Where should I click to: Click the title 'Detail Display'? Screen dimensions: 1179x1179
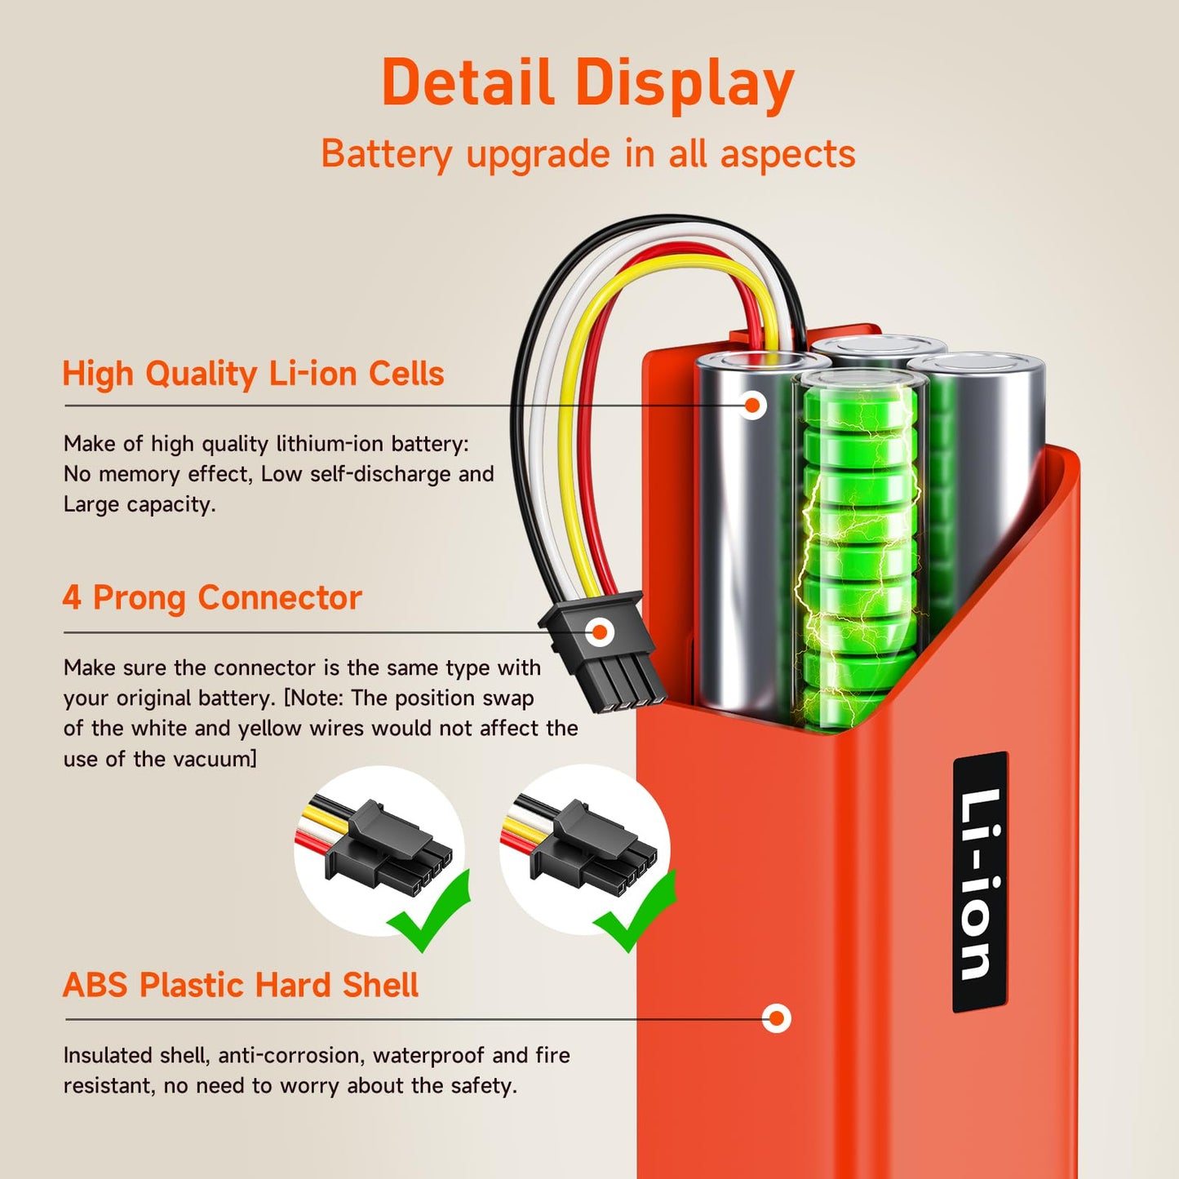pyautogui.click(x=587, y=83)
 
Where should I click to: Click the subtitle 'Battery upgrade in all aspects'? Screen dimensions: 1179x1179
pyautogui.click(x=587, y=154)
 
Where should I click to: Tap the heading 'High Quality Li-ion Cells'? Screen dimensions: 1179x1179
pyautogui.click(x=253, y=374)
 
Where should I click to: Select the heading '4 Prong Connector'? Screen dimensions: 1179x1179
pyautogui.click(x=212, y=598)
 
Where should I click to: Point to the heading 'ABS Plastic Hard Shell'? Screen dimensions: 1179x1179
pyautogui.click(x=241, y=986)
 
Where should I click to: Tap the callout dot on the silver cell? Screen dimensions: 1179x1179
pyautogui.click(x=753, y=405)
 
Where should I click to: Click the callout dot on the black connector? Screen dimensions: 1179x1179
pyautogui.click(x=600, y=632)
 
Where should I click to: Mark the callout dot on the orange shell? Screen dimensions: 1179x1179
pyautogui.click(x=776, y=1018)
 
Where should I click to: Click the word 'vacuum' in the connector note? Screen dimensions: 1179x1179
pyautogui.click(x=212, y=760)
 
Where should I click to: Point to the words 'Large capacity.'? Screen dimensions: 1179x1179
pyautogui.click(x=140, y=505)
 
